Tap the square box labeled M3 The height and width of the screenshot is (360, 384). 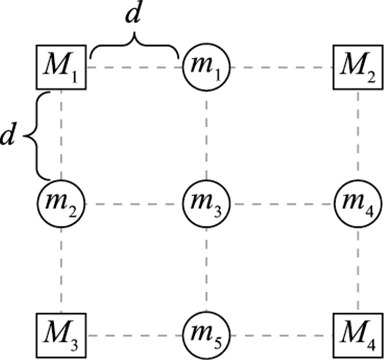coord(61,335)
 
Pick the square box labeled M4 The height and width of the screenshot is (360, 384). coord(358,335)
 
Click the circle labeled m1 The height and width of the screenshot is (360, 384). coord(206,67)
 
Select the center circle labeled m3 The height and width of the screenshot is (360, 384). coord(206,204)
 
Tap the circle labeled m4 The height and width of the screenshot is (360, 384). coord(358,204)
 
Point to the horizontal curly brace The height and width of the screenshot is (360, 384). coord(134,47)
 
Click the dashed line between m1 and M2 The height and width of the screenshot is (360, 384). coord(281,68)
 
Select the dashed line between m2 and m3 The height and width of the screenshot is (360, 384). coord(133,205)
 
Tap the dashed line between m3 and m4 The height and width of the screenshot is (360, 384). coord(281,205)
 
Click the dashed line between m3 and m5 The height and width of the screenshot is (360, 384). coord(206,269)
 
